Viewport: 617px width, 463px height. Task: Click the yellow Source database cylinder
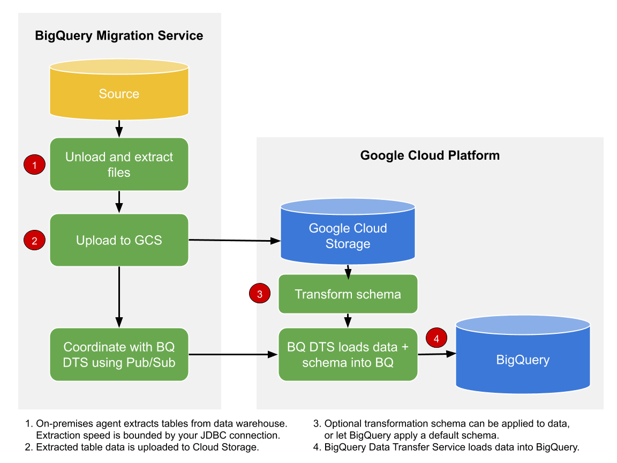(x=119, y=94)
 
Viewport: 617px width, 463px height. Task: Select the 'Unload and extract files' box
(x=119, y=165)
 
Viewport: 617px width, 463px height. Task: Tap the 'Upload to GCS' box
(x=119, y=240)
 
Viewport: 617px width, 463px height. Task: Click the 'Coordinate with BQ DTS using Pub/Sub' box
(x=119, y=354)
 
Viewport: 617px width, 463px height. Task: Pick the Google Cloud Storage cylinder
(x=348, y=236)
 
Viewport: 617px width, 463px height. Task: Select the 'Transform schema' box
(x=348, y=294)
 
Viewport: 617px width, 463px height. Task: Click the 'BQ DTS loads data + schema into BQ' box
(x=348, y=354)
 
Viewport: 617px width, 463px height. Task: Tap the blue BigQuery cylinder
(x=523, y=359)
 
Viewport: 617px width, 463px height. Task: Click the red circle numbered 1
(x=35, y=165)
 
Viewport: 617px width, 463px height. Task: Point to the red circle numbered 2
(x=35, y=241)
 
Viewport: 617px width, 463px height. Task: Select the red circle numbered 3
(x=260, y=294)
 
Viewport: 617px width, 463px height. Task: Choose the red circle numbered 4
(x=436, y=338)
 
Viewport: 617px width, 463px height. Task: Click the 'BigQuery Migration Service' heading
(x=119, y=36)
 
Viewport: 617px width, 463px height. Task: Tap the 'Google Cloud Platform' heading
(x=430, y=155)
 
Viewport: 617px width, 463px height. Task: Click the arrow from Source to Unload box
(x=119, y=129)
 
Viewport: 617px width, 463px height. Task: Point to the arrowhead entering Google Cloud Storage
(x=275, y=241)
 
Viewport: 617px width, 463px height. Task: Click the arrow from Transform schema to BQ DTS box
(x=348, y=321)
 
